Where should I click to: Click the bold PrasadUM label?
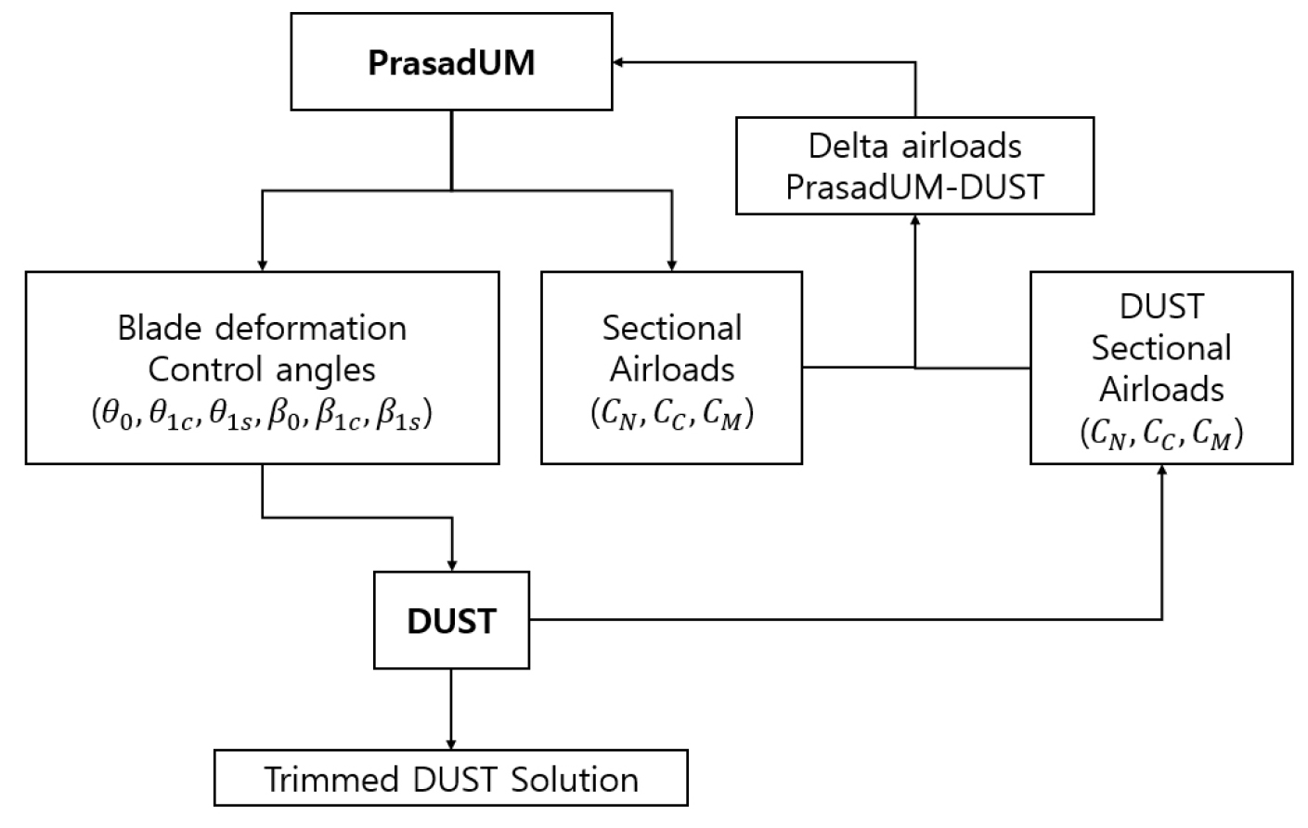451,62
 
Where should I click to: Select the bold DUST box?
451,620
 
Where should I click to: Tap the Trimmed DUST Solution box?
451,778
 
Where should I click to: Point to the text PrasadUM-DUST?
914,188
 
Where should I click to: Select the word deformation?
311,329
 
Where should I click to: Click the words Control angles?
262,370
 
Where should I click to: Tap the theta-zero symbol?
117,415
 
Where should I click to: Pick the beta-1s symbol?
398,415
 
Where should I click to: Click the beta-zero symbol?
284,415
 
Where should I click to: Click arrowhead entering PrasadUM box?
618,62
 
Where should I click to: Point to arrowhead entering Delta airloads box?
915,220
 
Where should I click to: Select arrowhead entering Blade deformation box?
262,265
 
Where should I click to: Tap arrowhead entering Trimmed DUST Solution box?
451,744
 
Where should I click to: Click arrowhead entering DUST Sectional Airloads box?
1161,470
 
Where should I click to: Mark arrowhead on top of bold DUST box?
451,565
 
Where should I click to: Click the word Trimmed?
331,780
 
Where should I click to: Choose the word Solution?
575,780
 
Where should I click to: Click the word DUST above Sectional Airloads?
1161,306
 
